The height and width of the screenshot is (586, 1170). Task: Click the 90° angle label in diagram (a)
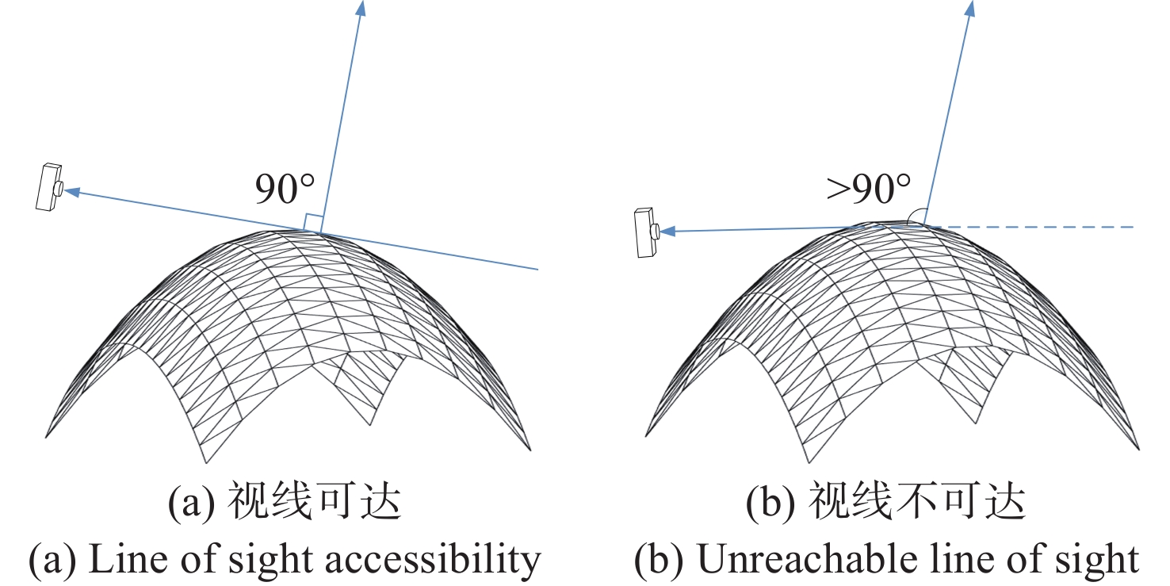tap(285, 190)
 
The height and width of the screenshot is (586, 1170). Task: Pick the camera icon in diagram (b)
tap(646, 232)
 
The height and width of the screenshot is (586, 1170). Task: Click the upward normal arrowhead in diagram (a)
tap(361, 8)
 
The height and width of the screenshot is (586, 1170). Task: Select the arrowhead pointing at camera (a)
tap(71, 190)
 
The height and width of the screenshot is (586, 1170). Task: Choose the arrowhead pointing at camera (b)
tap(668, 232)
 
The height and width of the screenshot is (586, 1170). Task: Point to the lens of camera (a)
tap(59, 188)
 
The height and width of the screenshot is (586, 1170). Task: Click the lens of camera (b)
tap(656, 232)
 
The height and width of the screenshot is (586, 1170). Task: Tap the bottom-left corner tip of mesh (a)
tap(47, 436)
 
